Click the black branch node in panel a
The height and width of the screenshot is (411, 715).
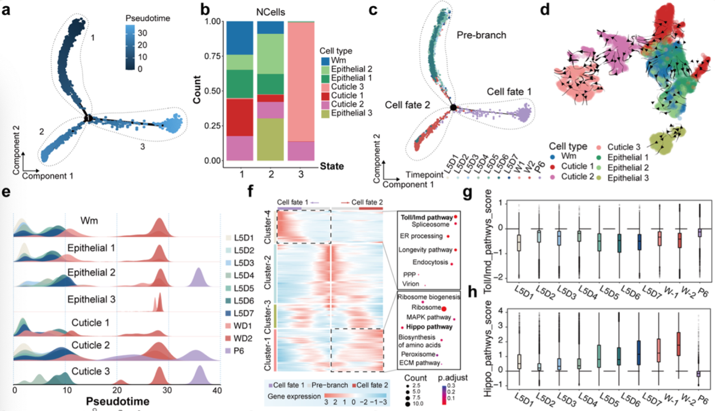click(x=88, y=118)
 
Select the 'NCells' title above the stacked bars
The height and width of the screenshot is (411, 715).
click(x=272, y=10)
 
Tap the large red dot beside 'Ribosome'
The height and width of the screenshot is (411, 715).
click(x=443, y=307)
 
